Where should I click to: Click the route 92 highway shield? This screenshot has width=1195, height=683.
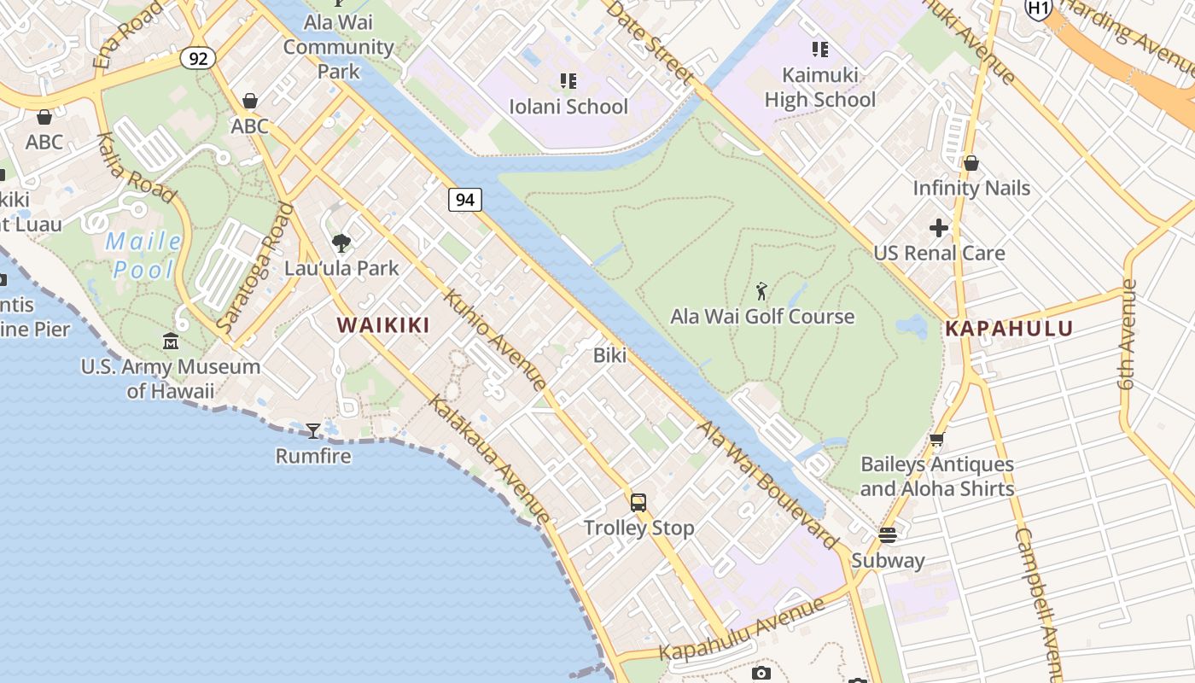click(x=197, y=58)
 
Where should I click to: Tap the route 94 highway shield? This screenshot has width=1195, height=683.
click(x=464, y=200)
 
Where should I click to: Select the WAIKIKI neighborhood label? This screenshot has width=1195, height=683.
click(x=382, y=325)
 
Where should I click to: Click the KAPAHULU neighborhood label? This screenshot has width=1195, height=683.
click(x=1009, y=329)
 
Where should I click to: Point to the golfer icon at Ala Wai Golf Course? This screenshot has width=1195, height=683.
click(x=761, y=291)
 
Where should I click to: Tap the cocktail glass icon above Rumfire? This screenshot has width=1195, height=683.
click(x=313, y=430)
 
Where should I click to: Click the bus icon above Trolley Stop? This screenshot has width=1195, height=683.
click(x=638, y=503)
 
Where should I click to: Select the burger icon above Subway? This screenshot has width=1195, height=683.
click(x=888, y=535)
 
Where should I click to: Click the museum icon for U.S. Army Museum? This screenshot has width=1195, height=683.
click(x=171, y=341)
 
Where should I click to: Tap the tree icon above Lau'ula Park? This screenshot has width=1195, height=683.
click(x=341, y=243)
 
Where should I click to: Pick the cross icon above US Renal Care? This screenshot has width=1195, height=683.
click(x=939, y=228)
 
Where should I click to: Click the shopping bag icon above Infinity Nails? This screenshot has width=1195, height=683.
click(x=971, y=163)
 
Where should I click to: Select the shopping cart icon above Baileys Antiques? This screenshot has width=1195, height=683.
click(x=936, y=440)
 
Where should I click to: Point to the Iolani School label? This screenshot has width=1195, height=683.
click(x=568, y=107)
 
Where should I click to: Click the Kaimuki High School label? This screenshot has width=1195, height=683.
click(x=819, y=87)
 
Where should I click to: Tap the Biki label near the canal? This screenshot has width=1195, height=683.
click(x=609, y=355)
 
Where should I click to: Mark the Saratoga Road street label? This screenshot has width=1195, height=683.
click(x=255, y=267)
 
